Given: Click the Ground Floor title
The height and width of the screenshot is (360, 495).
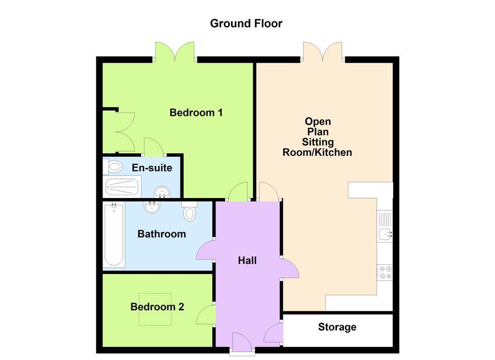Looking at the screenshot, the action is [x=246, y=23].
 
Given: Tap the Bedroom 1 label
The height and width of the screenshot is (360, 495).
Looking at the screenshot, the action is [x=196, y=112].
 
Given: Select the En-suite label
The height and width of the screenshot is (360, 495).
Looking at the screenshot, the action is [x=152, y=168].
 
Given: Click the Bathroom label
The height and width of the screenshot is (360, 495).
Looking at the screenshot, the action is [x=161, y=234].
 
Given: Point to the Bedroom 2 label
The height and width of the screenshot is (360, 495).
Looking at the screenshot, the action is [x=157, y=307].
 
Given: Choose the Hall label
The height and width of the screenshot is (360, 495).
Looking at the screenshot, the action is [x=247, y=260].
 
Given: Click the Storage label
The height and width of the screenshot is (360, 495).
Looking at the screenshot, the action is [x=337, y=327].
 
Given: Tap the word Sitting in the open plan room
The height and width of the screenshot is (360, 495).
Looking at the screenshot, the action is [x=318, y=142].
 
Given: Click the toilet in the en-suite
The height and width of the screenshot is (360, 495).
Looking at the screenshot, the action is [x=113, y=167].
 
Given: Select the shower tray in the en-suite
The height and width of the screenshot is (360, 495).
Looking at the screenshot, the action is [x=122, y=187].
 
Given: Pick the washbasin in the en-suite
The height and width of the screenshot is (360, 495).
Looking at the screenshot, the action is [x=162, y=192].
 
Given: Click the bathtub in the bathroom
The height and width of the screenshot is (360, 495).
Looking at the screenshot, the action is [x=114, y=234].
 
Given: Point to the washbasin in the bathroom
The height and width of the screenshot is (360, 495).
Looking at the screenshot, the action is [x=152, y=207].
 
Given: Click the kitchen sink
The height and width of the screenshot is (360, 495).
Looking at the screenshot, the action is [x=385, y=234].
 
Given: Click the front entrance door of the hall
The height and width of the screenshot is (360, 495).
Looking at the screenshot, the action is [x=242, y=344].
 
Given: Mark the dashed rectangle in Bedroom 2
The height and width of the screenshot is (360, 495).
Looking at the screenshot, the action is [x=155, y=309].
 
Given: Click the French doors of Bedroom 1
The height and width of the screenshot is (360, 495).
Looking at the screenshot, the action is [x=175, y=51].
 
